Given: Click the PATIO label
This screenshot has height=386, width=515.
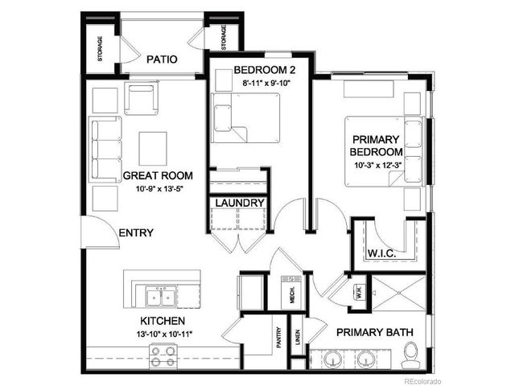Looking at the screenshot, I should coord(162,60).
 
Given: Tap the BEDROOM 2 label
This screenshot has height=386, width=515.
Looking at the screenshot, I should coord(259,70).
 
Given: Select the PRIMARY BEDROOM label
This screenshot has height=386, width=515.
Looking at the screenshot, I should coord(376,144).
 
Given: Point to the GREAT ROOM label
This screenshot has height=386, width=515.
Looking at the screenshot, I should coord(158,175).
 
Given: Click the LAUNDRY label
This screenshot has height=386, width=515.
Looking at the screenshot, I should coord(238,203).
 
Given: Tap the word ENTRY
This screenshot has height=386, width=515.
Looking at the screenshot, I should coord(135,233).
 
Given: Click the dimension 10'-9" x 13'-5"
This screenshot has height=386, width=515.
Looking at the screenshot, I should coord(158,191).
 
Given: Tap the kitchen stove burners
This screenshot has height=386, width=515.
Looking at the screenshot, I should coord(163,356).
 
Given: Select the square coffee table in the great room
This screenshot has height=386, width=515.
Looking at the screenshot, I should coord(153,147).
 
